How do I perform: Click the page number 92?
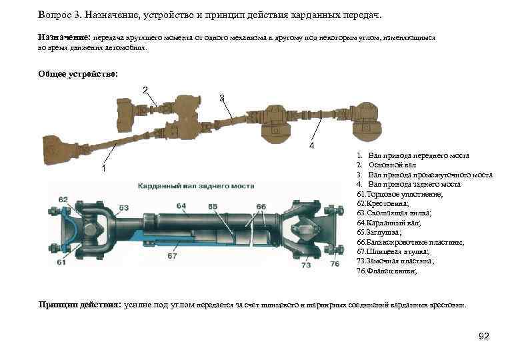484,337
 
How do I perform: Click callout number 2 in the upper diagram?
145,91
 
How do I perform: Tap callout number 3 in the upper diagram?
222,99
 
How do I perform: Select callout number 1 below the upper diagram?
104,168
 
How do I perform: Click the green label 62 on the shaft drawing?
63,199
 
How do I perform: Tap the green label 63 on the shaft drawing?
124,207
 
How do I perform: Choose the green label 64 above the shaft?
181,205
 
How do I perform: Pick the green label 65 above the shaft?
213,207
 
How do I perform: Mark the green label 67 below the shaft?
173,255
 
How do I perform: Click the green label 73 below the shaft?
305,265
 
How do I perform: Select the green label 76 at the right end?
334,265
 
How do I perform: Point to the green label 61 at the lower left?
61,263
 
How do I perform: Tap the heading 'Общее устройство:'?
78,74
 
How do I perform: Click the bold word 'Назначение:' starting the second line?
64,39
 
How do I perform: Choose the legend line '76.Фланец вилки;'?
387,271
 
